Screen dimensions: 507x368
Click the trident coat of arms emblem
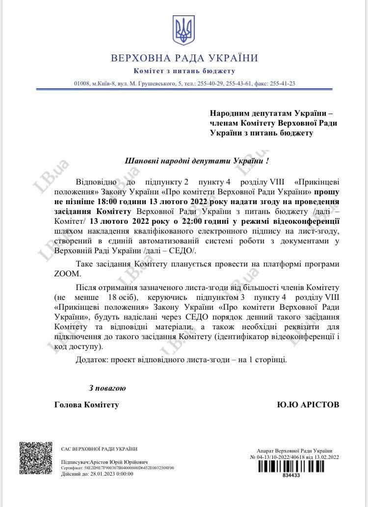tap(184, 30)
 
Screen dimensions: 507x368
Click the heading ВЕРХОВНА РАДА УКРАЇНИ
tap(184, 58)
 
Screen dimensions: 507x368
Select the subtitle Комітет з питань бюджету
tap(184, 72)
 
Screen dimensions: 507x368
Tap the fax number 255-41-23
tap(283, 83)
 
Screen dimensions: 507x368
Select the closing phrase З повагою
tap(107, 388)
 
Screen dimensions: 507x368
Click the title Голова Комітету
tap(87, 405)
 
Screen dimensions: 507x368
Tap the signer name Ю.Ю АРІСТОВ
tap(308, 405)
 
